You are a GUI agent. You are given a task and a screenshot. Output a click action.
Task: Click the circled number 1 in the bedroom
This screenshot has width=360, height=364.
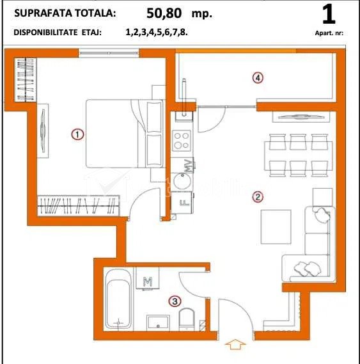click(77, 134)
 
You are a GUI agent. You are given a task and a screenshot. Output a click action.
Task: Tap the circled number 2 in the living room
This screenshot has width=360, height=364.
click(258, 197)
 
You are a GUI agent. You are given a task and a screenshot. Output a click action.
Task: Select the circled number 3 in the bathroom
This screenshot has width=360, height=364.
click(175, 301)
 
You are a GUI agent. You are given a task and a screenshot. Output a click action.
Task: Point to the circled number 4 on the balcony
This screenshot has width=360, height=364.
click(258, 78)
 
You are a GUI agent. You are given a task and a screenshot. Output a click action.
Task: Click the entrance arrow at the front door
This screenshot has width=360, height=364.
click(235, 344)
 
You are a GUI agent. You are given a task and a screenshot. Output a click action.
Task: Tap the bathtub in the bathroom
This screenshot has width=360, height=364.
click(118, 299)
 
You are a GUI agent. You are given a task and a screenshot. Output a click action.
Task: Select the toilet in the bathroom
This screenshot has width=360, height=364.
click(187, 319)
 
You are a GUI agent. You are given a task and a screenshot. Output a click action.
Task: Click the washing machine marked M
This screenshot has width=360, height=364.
click(147, 278)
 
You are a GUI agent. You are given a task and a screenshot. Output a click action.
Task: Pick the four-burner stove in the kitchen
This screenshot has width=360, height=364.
click(182, 141)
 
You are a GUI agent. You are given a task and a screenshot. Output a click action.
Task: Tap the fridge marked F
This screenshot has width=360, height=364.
click(182, 202)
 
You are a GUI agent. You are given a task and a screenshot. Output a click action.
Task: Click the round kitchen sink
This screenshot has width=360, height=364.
click(183, 182)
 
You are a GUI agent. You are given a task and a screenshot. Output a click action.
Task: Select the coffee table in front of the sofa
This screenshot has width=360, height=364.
click(276, 227)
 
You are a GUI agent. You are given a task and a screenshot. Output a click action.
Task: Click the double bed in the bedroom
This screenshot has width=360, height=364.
click(125, 134)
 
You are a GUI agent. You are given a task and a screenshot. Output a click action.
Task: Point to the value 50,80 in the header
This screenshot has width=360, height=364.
click(164, 13)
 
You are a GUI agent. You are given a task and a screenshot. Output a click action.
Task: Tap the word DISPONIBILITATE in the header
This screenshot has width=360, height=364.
click(46, 33)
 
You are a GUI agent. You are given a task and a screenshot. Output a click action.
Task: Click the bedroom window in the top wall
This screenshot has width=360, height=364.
click(109, 53)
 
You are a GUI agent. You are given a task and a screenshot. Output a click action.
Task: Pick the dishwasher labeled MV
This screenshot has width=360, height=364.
click(182, 165)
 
